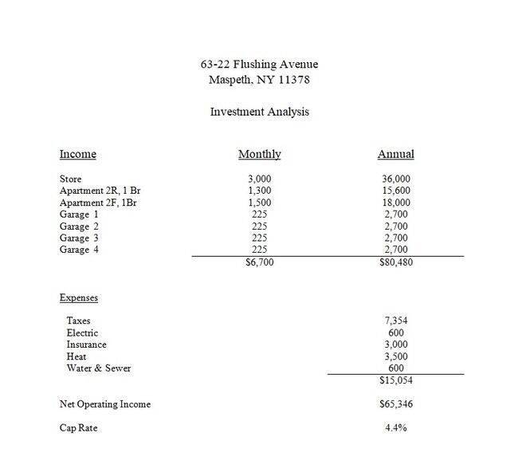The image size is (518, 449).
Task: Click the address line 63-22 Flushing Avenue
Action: (259, 64)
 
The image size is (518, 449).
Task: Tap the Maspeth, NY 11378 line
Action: (259, 79)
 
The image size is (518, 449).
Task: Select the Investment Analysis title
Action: (259, 112)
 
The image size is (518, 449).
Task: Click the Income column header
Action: (78, 154)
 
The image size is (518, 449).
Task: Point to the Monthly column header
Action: (260, 154)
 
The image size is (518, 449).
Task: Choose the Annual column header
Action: (396, 154)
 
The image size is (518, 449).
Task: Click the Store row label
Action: (71, 179)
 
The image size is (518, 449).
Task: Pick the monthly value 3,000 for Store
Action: (261, 179)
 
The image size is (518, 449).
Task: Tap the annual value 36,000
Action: (396, 179)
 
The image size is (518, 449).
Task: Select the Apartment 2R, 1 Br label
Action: (100, 191)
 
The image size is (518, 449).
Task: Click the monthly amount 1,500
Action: (261, 203)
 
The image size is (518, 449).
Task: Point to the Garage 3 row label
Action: (80, 238)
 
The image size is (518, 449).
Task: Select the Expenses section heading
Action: (79, 297)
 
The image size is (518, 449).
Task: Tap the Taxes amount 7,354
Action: (396, 321)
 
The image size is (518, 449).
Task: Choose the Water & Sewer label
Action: (99, 368)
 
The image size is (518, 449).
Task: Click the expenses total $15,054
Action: (396, 381)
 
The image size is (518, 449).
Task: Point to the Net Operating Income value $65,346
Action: (396, 404)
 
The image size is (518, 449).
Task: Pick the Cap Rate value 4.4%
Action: (396, 427)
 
